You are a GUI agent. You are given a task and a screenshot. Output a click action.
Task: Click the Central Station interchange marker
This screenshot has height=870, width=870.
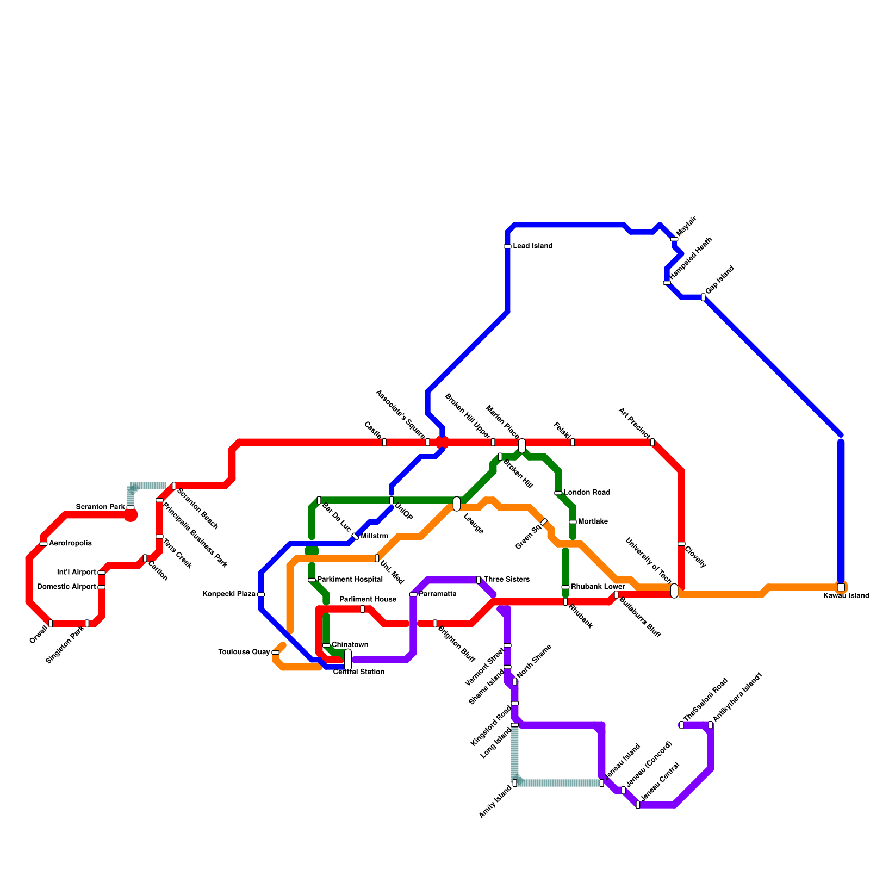[x=348, y=660]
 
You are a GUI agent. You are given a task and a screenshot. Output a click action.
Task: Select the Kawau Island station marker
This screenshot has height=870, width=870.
[x=841, y=587]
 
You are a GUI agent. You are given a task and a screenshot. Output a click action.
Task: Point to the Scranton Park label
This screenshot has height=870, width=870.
[x=101, y=507]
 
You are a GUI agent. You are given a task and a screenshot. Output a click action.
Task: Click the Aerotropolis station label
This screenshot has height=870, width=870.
[x=70, y=543]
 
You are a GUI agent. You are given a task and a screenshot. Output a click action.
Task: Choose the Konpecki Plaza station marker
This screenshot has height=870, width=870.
[x=261, y=594]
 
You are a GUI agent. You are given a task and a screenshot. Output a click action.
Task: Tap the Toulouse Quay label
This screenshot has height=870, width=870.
[x=244, y=652]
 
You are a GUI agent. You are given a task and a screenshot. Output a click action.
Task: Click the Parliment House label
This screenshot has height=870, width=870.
[x=368, y=599]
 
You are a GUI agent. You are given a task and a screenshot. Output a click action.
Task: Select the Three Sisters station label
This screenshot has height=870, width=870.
[x=506, y=580]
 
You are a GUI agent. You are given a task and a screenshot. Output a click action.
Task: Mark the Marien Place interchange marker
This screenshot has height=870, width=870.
[x=522, y=446]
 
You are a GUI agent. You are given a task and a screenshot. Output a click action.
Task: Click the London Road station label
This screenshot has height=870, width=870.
[x=587, y=493]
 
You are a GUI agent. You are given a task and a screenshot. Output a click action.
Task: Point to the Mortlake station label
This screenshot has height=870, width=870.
[x=593, y=521]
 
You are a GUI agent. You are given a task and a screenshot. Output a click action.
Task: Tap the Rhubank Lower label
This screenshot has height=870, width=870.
[x=598, y=587]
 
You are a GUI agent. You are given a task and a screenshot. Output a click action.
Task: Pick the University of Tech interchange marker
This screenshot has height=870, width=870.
[x=674, y=591]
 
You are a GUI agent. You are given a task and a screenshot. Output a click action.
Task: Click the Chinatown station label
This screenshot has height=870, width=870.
[x=350, y=645]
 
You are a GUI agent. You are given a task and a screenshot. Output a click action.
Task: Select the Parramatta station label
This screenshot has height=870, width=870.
[x=438, y=594]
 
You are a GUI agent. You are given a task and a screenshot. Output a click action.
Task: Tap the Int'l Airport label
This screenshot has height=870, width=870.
[x=77, y=573]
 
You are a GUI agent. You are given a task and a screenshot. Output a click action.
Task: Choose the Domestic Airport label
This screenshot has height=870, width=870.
[x=67, y=587]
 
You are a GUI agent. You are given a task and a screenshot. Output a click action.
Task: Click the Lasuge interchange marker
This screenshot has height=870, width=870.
[x=457, y=504]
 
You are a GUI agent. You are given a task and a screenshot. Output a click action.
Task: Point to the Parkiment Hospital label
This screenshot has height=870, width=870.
[x=350, y=580]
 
